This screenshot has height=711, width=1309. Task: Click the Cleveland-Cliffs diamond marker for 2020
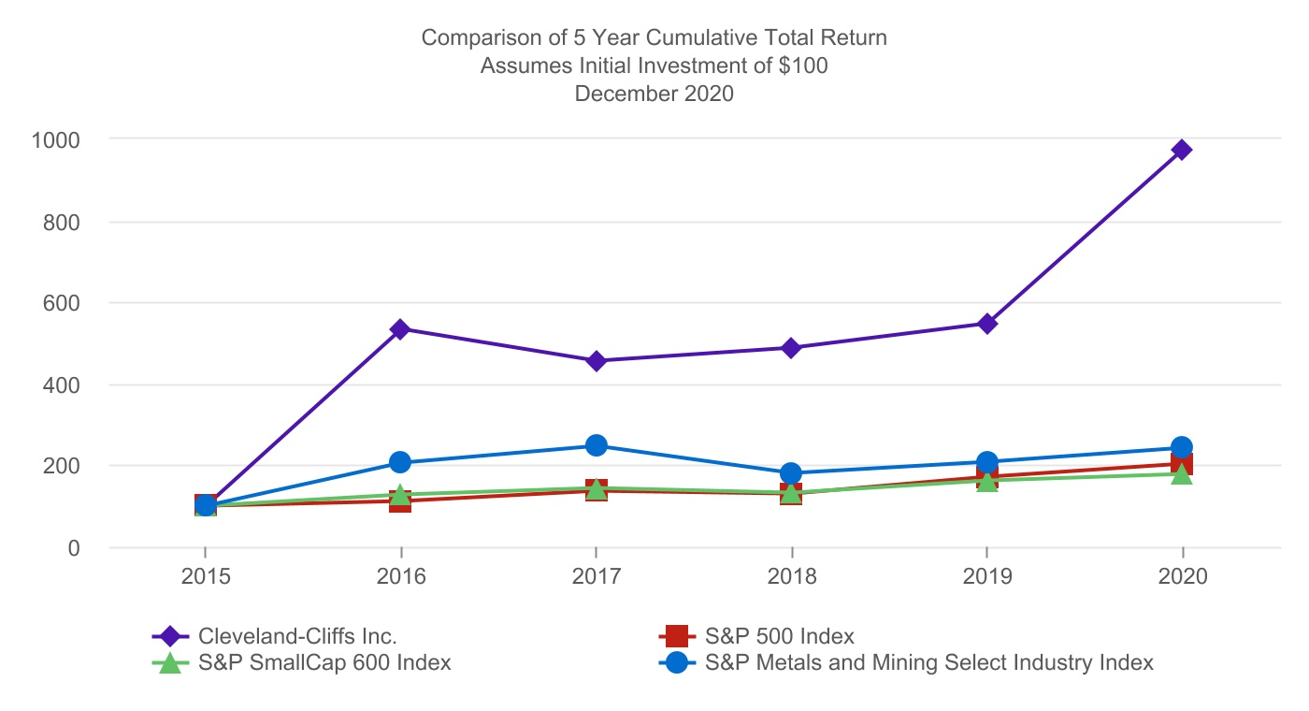(1182, 150)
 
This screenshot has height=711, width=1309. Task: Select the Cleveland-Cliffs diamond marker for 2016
(400, 329)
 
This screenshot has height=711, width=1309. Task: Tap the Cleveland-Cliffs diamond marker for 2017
(596, 361)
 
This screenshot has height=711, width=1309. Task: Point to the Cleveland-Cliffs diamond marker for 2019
(986, 324)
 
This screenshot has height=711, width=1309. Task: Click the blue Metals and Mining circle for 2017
(596, 445)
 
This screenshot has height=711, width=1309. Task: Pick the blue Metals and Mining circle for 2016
(400, 462)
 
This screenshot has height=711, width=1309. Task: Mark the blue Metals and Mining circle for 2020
(1182, 447)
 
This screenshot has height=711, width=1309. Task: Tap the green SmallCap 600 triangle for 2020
(1182, 474)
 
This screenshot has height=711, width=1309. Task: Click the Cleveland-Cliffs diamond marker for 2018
(791, 348)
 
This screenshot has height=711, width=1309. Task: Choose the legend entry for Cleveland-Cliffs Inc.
(297, 636)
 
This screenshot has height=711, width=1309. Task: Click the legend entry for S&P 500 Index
(779, 636)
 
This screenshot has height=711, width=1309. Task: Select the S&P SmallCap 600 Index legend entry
(324, 663)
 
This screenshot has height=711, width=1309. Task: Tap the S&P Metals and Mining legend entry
(928, 663)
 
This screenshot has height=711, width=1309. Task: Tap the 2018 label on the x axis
(791, 576)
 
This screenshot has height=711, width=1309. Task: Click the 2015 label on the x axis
(206, 576)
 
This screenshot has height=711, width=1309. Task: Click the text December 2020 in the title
(654, 94)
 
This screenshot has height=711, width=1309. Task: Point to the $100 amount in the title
(802, 65)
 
